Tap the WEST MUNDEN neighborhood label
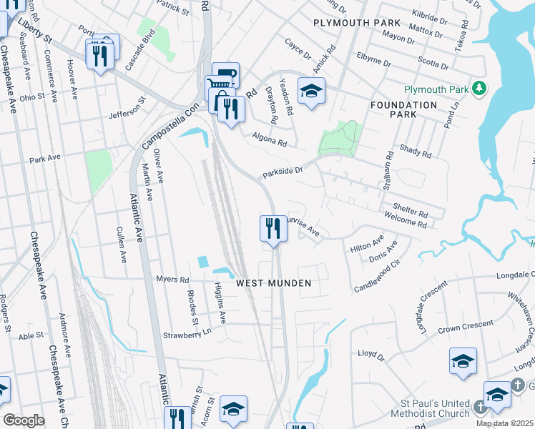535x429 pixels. click(274, 283)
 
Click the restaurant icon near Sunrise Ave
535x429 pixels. click(269, 229)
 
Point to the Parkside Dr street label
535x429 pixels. click(283, 172)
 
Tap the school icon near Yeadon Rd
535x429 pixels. click(311, 91)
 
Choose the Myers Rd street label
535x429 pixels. click(173, 280)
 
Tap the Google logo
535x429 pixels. click(24, 420)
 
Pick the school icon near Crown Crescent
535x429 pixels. click(463, 361)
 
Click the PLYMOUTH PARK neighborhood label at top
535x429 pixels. click(350, 23)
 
